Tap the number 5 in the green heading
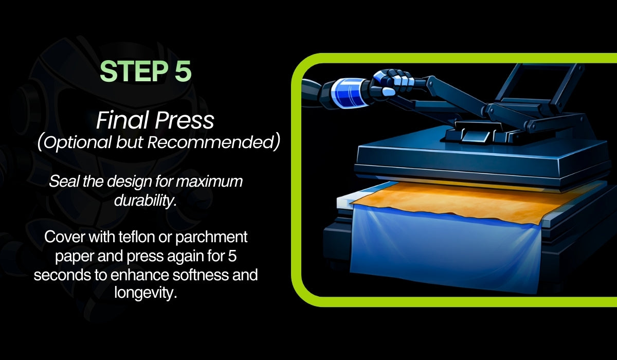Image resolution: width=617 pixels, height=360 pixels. pos(183,71)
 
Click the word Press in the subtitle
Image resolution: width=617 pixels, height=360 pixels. pos(185,121)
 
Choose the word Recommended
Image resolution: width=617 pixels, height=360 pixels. pos(210,142)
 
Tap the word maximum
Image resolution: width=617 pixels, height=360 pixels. pos(209,182)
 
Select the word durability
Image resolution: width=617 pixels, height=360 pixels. pos(145,200)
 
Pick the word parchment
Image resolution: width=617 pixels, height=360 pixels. pos(211,238)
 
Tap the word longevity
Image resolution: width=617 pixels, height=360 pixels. pos(145,293)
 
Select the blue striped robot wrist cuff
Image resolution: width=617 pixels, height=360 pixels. pos(349,92)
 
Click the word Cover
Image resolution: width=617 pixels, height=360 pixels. pos(64,237)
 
